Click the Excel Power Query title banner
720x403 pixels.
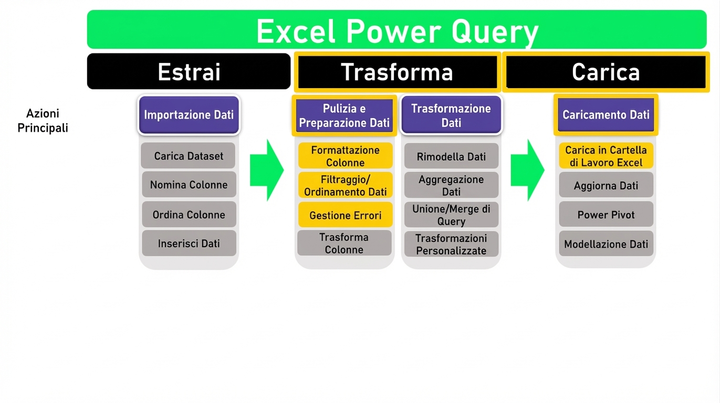click(x=396, y=30)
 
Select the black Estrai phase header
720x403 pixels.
click(x=189, y=71)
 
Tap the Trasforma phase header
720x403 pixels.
click(x=396, y=71)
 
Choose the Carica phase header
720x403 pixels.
click(x=606, y=71)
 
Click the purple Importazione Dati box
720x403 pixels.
click(x=189, y=114)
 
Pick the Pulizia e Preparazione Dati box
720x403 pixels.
click(x=345, y=115)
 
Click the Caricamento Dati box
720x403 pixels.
click(x=606, y=114)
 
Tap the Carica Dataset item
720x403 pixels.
click(x=189, y=156)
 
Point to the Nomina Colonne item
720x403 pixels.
click(x=189, y=185)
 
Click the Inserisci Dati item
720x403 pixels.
click(x=189, y=243)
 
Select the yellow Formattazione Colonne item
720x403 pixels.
click(x=345, y=156)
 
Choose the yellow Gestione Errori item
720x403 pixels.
click(x=345, y=215)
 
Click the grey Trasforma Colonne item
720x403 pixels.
click(x=344, y=243)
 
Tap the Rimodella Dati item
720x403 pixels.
click(x=451, y=156)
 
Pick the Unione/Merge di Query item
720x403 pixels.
click(x=451, y=215)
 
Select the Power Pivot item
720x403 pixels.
click(x=606, y=215)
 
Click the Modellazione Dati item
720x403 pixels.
click(x=606, y=244)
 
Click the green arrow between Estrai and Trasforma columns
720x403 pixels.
click(x=266, y=170)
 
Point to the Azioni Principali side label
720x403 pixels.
click(x=43, y=121)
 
